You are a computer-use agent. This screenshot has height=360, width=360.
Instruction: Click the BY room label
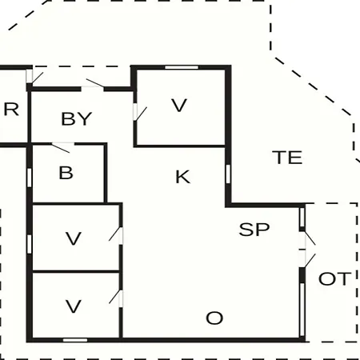pyautogui.click(x=77, y=118)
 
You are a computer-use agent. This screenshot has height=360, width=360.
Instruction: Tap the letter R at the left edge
pyautogui.click(x=11, y=110)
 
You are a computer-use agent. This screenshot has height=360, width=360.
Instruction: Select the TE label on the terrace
pyautogui.click(x=287, y=157)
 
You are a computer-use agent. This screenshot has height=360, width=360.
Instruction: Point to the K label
pyautogui.click(x=183, y=177)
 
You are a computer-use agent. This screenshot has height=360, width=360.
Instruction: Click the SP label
pyautogui.click(x=254, y=230)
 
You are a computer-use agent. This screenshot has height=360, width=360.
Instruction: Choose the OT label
pyautogui.click(x=334, y=278)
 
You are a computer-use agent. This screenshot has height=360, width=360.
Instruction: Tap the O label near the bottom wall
pyautogui.click(x=214, y=318)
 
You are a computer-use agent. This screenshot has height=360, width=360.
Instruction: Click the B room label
pyautogui.click(x=66, y=173)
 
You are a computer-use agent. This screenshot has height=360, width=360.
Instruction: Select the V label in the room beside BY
pyautogui.click(x=179, y=106)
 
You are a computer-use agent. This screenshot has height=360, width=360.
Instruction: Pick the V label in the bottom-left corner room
pyautogui.click(x=74, y=306)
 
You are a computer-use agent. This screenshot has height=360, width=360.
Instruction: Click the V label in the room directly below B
pyautogui.click(x=74, y=238)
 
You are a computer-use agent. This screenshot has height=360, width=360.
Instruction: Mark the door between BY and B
pyautogui.click(x=62, y=147)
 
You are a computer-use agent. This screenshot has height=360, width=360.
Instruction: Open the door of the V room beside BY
pyautogui.click(x=140, y=113)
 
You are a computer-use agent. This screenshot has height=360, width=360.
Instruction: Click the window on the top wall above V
pyautogui.click(x=182, y=67)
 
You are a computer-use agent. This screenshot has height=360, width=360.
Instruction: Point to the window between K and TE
pyautogui.click(x=228, y=174)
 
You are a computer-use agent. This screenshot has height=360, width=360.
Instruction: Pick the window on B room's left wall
pyautogui.click(x=30, y=178)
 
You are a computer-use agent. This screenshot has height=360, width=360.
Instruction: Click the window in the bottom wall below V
pyautogui.click(x=75, y=340)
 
